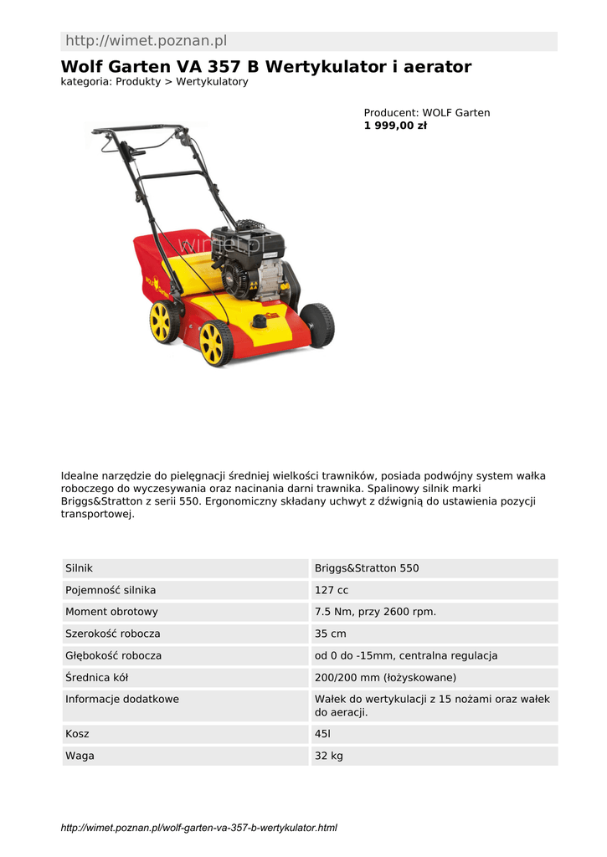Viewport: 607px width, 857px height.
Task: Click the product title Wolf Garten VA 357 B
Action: tap(265, 66)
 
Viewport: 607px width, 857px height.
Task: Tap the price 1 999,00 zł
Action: tap(395, 126)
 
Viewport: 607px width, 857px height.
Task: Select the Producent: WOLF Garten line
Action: tap(426, 113)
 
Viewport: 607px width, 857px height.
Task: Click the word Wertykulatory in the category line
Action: tap(212, 82)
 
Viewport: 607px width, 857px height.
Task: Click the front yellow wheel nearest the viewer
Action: tap(215, 343)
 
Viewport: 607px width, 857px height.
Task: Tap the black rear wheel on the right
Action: tap(317, 325)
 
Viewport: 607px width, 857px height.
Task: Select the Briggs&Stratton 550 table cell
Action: tap(367, 568)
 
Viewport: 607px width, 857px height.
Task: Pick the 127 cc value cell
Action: tap(332, 590)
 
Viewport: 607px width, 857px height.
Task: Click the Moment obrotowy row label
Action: tap(111, 612)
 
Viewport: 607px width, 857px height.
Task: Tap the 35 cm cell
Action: tap(330, 634)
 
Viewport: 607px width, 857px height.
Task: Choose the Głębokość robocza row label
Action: tap(113, 655)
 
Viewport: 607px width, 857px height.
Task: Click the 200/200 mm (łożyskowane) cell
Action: tap(385, 677)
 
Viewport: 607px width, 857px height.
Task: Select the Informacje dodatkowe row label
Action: tap(121, 699)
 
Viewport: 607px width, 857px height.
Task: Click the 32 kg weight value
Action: tap(328, 756)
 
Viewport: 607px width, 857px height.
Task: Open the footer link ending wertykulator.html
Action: tap(199, 828)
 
